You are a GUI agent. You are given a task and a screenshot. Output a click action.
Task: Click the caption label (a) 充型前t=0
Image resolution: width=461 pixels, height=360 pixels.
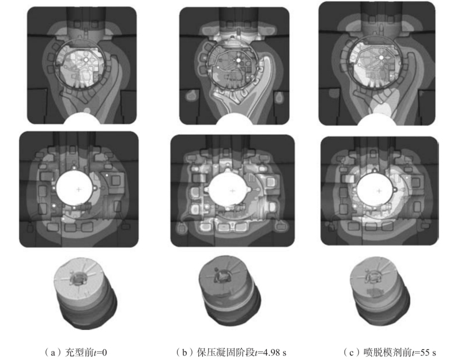tap(75, 352)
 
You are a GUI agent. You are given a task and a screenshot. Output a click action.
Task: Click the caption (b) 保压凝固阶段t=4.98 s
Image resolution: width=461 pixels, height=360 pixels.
tap(231, 352)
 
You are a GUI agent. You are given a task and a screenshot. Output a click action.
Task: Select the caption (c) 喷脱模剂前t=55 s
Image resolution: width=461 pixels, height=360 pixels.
tap(390, 352)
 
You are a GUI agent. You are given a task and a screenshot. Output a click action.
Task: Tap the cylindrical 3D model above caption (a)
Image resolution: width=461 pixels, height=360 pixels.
tap(85, 293)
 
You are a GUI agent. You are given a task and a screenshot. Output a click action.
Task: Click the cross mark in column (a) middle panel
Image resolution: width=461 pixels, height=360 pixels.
tap(78, 190)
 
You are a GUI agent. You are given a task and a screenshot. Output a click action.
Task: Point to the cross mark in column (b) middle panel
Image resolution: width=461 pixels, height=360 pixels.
tap(233, 191)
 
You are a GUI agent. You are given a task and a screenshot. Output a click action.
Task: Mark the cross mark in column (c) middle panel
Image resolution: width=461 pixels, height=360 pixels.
tap(379, 191)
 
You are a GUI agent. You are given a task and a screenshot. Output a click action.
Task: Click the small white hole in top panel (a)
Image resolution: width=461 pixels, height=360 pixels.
tap(86, 60)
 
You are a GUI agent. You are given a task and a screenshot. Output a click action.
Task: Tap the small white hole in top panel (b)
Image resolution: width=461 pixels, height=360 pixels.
tap(239, 60)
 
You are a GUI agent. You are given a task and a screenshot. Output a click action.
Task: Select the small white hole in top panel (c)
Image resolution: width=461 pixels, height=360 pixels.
tap(381, 57)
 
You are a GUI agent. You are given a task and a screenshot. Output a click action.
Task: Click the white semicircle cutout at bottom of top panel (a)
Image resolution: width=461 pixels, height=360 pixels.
tap(82, 119)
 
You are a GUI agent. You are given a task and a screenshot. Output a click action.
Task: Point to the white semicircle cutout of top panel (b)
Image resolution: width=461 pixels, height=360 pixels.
tap(234, 119)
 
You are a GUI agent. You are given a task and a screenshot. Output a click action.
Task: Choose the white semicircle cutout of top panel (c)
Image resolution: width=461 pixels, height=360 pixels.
tap(377, 120)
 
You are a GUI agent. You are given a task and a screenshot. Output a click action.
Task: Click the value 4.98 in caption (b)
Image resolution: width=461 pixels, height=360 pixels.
tap(269, 352)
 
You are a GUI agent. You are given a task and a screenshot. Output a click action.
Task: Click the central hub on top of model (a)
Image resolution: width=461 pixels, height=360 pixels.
tap(77, 278)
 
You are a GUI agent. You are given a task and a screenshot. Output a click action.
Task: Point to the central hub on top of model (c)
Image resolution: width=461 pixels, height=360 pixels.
tap(373, 276)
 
